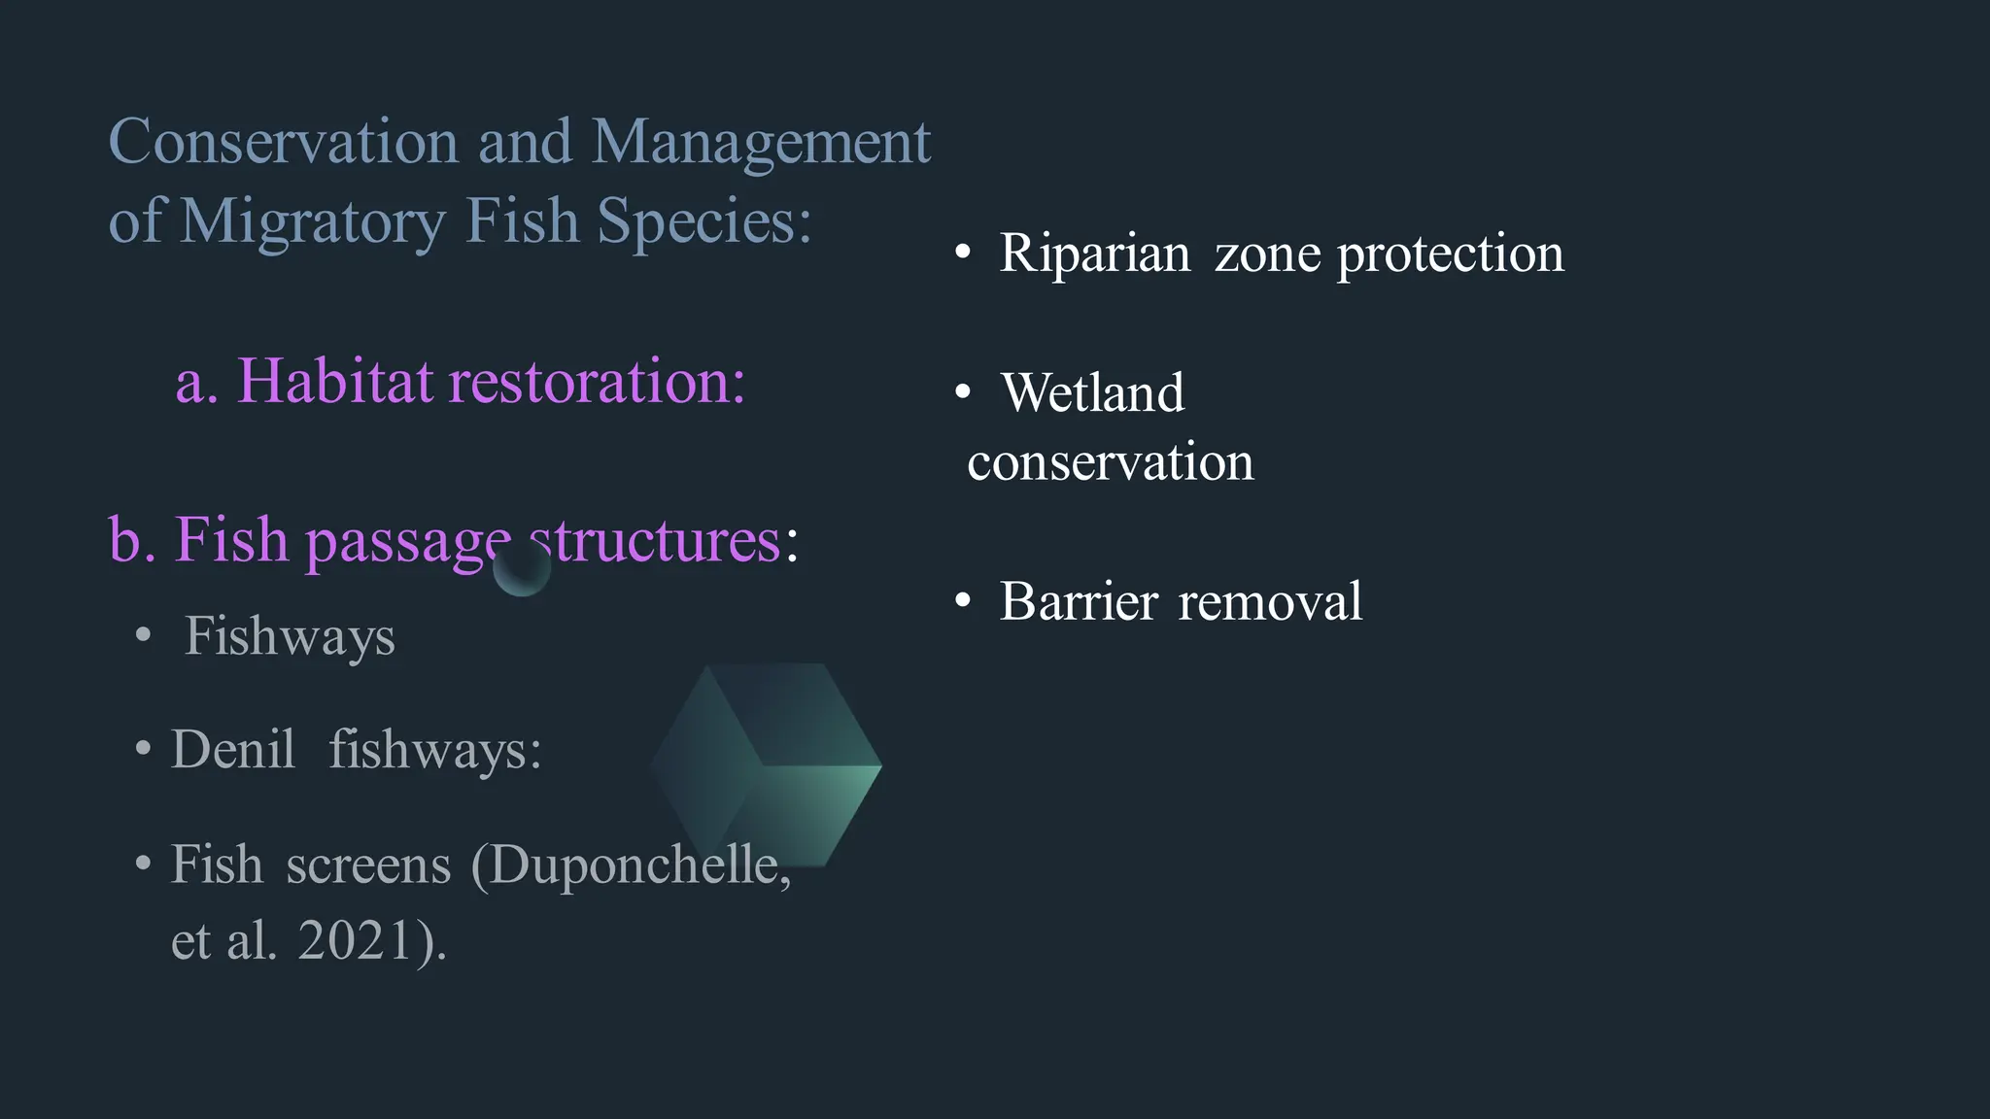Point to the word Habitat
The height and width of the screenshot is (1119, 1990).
pos(334,380)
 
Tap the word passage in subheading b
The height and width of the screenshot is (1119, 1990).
pos(407,540)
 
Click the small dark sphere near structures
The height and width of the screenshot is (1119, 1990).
pos(522,568)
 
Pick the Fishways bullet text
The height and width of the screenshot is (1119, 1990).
pos(290,636)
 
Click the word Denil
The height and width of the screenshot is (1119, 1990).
pos(233,750)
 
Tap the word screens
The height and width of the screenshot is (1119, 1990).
pos(368,865)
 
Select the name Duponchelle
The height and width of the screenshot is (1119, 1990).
pos(632,865)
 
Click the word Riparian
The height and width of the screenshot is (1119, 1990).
pos(1094,254)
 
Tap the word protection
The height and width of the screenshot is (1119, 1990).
pos(1450,254)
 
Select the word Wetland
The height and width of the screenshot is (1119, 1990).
pos(1092,392)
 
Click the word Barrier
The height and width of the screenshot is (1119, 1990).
pos(1079,601)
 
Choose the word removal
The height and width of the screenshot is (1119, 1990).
pos(1269,601)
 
